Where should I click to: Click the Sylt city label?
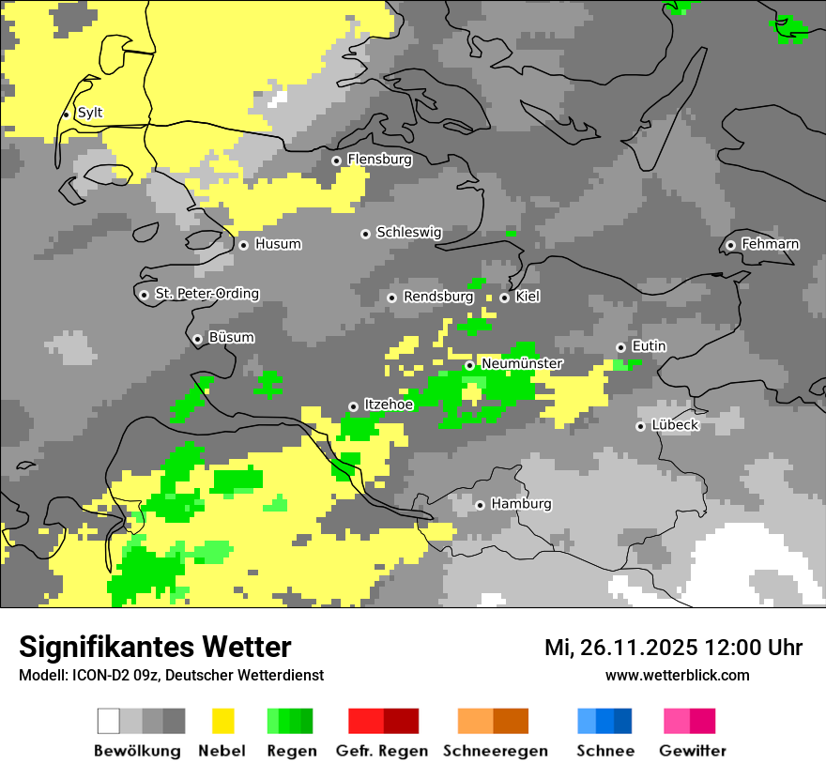click(x=90, y=113)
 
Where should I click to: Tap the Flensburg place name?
click(x=379, y=160)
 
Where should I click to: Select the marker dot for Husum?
click(x=243, y=245)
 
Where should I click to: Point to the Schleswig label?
click(x=408, y=232)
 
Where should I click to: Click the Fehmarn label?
click(x=770, y=244)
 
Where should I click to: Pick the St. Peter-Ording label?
click(x=206, y=294)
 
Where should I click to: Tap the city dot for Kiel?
click(x=504, y=298)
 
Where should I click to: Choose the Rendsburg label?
click(x=437, y=297)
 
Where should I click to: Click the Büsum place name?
click(x=231, y=337)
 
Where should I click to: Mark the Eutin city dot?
click(x=620, y=347)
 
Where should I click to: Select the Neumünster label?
click(x=522, y=363)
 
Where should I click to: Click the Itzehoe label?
click(x=389, y=404)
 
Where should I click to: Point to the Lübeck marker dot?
click(x=640, y=426)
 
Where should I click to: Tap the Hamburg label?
click(x=521, y=504)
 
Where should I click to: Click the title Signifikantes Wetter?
click(x=155, y=647)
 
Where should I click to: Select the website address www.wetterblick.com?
click(x=677, y=675)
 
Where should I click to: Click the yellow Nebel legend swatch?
click(x=222, y=721)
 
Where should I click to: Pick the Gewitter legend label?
click(x=692, y=751)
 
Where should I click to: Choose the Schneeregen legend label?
click(x=495, y=751)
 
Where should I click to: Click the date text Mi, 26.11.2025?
click(x=619, y=648)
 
